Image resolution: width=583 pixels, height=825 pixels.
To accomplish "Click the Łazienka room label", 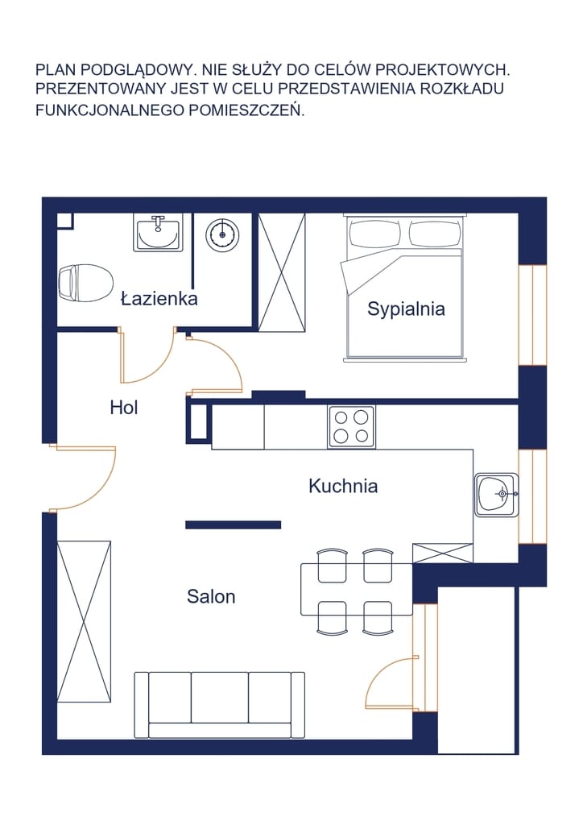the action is point(159,299).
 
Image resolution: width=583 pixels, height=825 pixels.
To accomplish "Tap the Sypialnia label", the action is point(406,309).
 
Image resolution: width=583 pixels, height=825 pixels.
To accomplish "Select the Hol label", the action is point(124,407).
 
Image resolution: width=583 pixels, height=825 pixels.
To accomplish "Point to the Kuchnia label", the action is point(343,486).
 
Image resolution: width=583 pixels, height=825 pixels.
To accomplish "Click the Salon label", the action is point(211,597).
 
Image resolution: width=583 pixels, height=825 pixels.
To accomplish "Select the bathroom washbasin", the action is point(158,233).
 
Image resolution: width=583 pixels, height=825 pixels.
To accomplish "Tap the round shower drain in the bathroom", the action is point(222,234).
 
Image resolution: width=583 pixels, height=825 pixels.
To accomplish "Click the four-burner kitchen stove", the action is point(351,426).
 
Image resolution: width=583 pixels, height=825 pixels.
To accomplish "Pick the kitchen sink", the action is point(497,495).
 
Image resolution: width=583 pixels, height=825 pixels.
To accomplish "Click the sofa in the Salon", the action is point(219,705).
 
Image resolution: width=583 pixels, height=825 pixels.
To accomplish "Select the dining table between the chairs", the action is point(357,589).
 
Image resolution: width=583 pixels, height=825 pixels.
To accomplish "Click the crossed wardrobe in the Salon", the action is point(84,621).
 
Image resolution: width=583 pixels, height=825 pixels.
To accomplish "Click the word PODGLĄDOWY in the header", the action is point(139,70).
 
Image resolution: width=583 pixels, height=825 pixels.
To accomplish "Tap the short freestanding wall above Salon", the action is point(234,524).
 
